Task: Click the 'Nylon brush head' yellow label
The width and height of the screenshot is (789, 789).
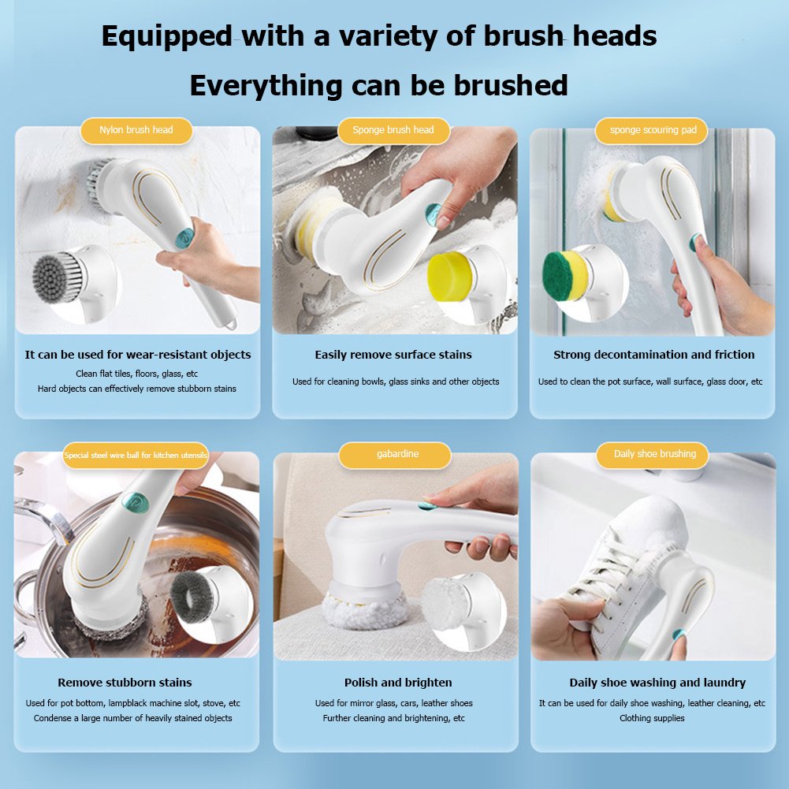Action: [136, 130]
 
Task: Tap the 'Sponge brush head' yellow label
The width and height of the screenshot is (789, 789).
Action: [393, 130]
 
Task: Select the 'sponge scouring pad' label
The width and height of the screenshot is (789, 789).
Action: [653, 130]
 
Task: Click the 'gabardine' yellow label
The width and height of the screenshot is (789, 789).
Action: [395, 454]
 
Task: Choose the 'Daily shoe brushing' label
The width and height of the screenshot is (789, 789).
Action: [655, 454]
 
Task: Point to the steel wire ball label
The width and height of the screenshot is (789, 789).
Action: [136, 456]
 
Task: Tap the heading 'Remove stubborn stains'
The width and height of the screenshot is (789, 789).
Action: [125, 683]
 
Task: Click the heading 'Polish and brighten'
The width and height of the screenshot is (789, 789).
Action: [398, 683]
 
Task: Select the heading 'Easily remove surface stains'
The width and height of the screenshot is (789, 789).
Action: [393, 355]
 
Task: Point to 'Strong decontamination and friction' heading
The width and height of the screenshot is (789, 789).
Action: [653, 355]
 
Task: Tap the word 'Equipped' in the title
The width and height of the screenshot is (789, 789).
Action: [166, 36]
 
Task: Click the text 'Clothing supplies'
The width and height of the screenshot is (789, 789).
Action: [652, 718]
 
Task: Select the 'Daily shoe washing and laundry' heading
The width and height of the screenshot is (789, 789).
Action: [657, 683]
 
